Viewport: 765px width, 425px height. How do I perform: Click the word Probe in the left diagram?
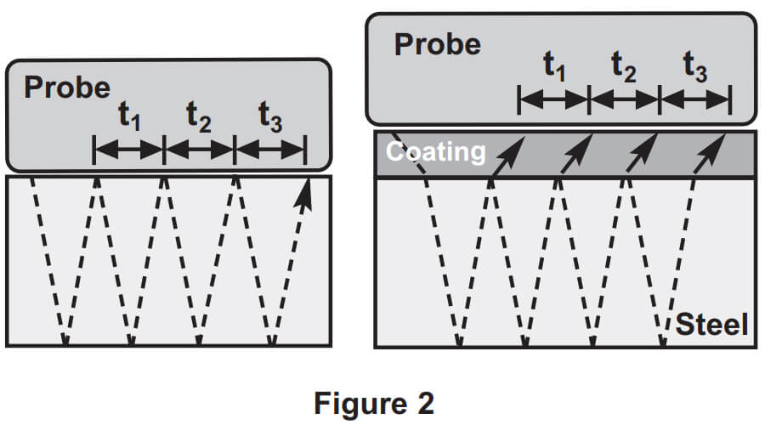click(x=67, y=87)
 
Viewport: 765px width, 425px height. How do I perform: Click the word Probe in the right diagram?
click(x=438, y=43)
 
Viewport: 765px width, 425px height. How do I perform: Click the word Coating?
click(x=436, y=152)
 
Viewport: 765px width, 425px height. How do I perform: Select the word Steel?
click(x=712, y=324)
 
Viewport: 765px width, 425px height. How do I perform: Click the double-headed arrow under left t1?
click(x=128, y=150)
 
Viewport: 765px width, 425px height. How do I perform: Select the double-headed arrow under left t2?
click(x=199, y=150)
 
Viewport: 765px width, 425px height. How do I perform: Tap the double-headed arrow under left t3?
click(x=269, y=150)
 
